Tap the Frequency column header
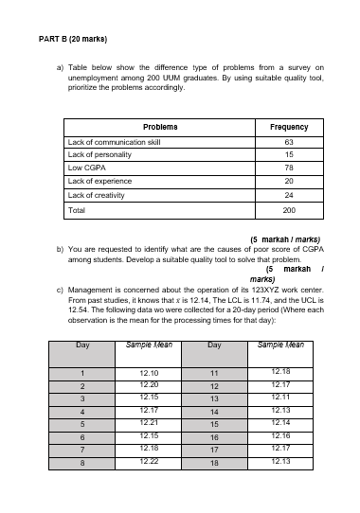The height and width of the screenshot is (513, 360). pos(289,126)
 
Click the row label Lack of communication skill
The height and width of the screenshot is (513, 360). pos(114,140)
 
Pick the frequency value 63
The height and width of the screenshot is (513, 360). pos(289,140)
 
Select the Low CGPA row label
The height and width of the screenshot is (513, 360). pos(87,167)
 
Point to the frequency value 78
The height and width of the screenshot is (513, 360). pos(289,167)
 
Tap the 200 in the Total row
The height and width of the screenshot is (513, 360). pos(289,209)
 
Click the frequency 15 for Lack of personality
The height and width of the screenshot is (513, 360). pos(289,153)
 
